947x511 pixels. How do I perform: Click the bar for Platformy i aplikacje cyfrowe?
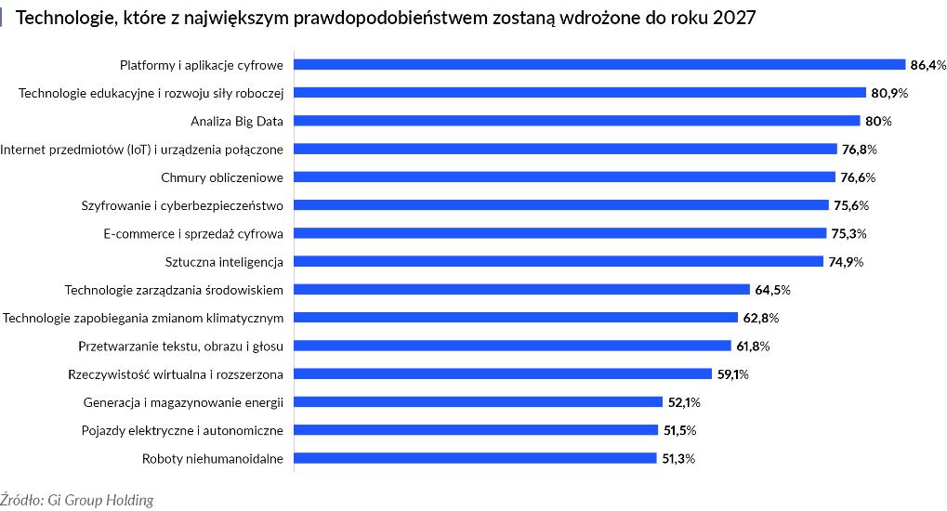[x=599, y=65]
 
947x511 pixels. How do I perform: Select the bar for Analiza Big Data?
[x=577, y=121]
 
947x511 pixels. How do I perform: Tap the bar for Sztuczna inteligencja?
[x=559, y=262]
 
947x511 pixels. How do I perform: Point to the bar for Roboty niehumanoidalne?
[x=476, y=458]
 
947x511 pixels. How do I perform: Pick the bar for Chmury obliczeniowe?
[x=564, y=177]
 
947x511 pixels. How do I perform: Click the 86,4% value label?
[x=928, y=65]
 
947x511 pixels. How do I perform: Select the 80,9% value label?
[x=889, y=93]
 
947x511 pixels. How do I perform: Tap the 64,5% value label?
[x=772, y=290]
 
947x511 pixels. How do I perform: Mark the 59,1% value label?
[x=730, y=374]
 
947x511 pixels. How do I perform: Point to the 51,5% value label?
[x=678, y=430]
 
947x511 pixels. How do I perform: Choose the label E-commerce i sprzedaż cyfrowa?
[x=193, y=233]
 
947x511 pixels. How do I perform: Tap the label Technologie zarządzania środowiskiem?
[x=174, y=290]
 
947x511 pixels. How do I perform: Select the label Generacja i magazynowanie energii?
[x=183, y=402]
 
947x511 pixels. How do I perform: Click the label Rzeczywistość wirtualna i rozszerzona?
[x=176, y=374]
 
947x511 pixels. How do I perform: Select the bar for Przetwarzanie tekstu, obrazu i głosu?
[x=513, y=346]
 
